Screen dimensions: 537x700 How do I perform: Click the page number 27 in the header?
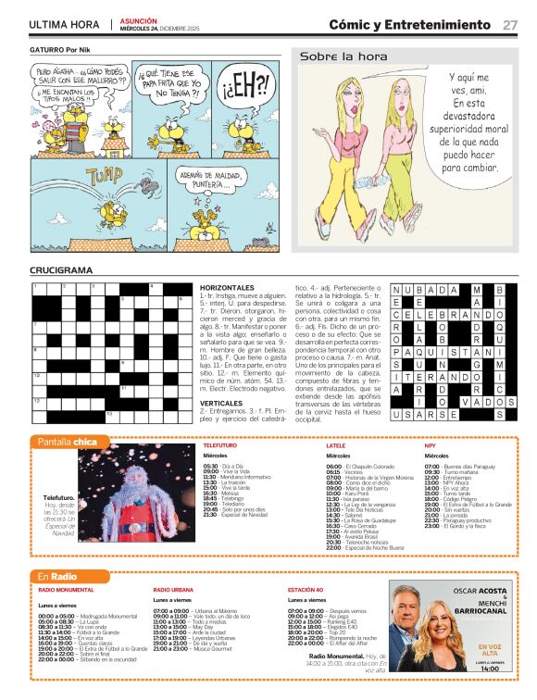point(510,25)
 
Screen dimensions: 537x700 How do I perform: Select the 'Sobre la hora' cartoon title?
point(331,56)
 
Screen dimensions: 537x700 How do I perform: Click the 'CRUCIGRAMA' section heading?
point(61,270)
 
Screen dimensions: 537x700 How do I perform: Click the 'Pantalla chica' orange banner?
point(68,442)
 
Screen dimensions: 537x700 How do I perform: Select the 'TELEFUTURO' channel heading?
point(219,445)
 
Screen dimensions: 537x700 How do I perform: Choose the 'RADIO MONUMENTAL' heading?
point(68,590)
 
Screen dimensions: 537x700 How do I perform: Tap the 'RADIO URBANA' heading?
point(173,590)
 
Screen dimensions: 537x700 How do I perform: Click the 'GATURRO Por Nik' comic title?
point(59,49)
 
